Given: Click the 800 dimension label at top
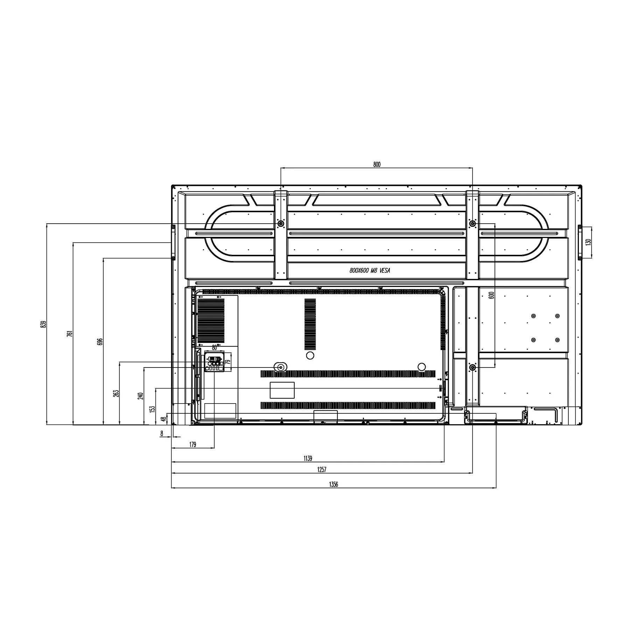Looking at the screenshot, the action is point(377,164).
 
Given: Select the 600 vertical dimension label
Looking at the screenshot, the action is point(491,295).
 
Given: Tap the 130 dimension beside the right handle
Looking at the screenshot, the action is point(588,242).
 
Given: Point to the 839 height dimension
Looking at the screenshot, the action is point(43,324).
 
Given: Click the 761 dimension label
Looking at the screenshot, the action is point(70,334).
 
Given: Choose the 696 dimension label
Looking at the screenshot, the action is point(100,342).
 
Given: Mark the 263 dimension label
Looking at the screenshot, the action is point(117,393).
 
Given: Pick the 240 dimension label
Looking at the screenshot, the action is point(141,396).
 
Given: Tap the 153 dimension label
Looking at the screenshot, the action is point(152,409).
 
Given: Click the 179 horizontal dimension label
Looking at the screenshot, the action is point(192,444).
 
